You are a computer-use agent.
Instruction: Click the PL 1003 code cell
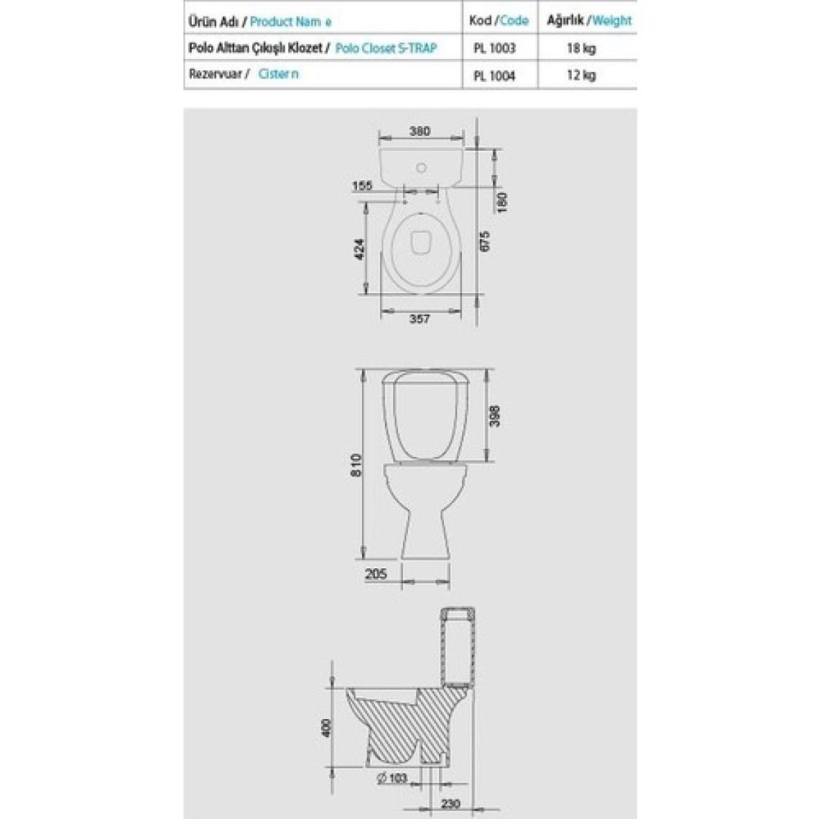point(494,48)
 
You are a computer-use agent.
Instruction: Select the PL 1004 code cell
point(494,75)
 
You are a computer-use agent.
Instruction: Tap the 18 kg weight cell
point(581,49)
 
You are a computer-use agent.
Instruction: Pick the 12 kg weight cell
point(581,75)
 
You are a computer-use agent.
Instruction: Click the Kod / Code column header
point(499,20)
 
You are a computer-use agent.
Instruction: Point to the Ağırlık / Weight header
point(589,20)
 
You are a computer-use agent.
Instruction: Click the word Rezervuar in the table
point(216,74)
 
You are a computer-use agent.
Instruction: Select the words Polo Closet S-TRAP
point(386,48)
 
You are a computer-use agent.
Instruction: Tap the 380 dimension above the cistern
point(420,131)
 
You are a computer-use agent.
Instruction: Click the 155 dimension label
point(362,185)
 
